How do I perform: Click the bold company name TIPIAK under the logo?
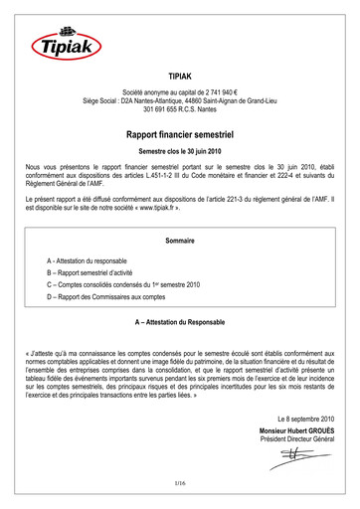pyautogui.click(x=180, y=76)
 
